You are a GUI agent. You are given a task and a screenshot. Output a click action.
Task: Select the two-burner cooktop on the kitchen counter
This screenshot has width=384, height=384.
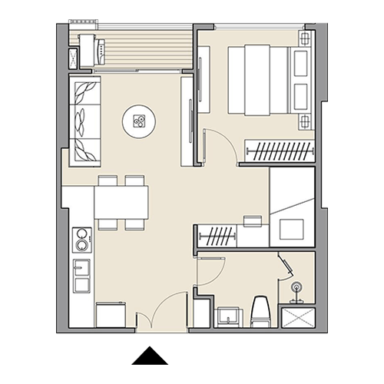coord(81,239)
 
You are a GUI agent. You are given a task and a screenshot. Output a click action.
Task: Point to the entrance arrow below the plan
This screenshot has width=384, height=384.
coord(147,355)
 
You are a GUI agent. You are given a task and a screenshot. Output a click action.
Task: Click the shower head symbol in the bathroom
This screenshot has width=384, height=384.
coord(297,290)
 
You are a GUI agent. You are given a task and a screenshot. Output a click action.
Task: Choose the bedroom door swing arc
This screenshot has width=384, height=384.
coord(219,144)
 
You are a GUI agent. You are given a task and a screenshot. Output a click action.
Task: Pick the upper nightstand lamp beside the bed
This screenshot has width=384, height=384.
coord(305,38)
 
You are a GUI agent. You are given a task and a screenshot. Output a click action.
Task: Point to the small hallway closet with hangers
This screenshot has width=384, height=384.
coord(218,235)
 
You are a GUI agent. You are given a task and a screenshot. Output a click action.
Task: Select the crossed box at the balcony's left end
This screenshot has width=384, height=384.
coord(74,59)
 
